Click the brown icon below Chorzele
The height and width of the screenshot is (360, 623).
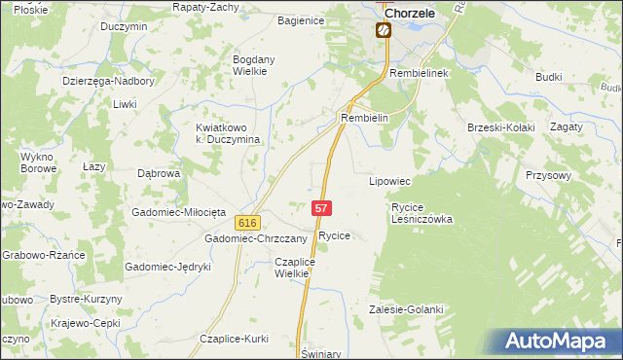384,30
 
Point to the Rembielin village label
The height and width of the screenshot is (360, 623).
365,118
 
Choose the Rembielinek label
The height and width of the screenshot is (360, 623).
417,74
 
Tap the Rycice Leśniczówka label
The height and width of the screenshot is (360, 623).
422,213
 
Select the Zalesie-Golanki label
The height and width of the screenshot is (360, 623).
406,309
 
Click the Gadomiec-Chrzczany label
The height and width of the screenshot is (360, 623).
255,238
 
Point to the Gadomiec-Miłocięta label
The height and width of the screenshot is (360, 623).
179,212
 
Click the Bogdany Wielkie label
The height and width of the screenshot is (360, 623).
257,65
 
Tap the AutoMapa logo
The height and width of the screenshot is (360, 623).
556,342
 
